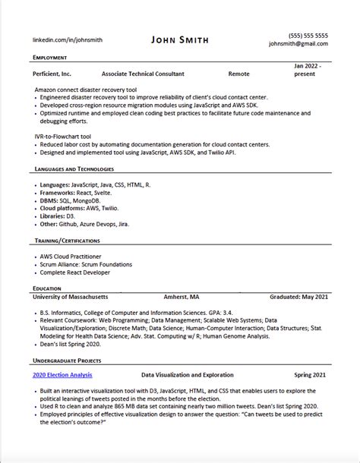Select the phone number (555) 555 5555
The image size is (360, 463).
tap(308, 35)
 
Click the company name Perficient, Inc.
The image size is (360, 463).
tap(52, 74)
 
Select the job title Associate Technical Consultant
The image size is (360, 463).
tap(142, 74)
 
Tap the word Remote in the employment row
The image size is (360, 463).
tap(239, 74)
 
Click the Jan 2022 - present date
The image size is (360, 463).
tap(309, 71)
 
